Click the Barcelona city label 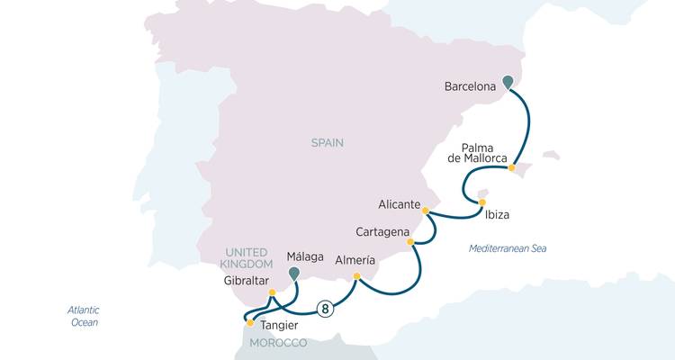tap(471, 87)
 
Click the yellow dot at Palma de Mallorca tap(512, 167)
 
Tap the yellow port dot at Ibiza tap(481, 202)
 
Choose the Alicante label tap(399, 205)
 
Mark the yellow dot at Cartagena tap(410, 242)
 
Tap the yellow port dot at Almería tap(357, 276)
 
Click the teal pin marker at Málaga tap(293, 272)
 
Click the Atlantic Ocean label tap(84, 316)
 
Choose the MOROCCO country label tap(278, 344)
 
